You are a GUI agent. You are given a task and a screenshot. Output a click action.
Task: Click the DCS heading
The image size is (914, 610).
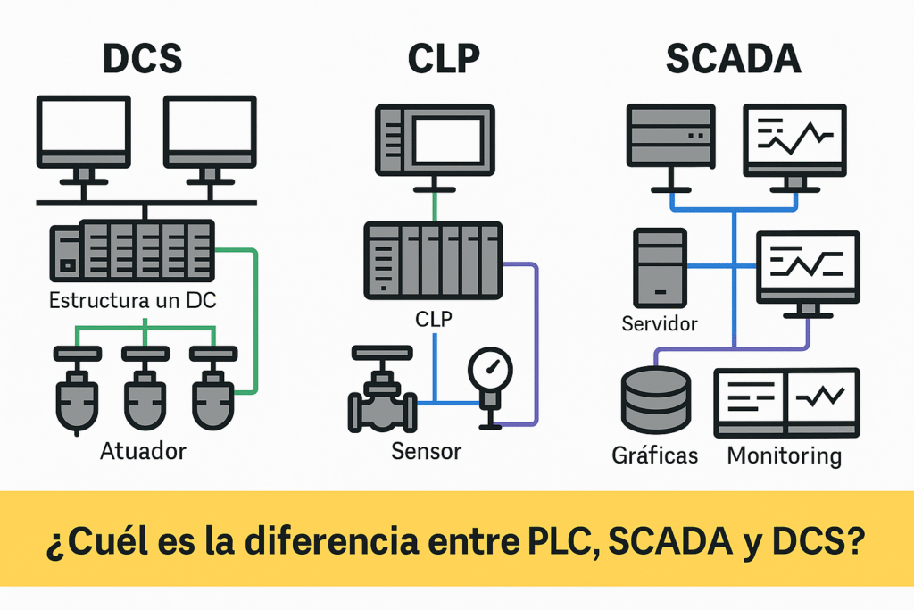(x=143, y=58)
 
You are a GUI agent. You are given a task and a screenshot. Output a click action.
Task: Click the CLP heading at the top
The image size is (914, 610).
(x=444, y=58)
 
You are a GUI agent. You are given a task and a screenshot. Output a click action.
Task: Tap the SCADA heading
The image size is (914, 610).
(x=733, y=58)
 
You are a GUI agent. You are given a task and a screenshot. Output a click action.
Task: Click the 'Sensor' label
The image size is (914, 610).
(x=427, y=450)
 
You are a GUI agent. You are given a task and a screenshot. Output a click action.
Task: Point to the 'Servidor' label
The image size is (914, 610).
(x=660, y=323)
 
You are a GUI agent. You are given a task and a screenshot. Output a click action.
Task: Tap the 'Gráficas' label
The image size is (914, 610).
(x=655, y=455)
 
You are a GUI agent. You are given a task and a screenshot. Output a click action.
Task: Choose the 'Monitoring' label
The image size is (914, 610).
(x=785, y=455)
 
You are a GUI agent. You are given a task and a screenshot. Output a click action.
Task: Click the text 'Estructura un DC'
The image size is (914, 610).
(x=133, y=300)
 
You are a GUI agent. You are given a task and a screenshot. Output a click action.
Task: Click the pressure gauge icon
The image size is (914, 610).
(x=490, y=369)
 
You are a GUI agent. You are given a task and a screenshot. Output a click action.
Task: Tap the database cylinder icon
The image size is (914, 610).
(x=655, y=400)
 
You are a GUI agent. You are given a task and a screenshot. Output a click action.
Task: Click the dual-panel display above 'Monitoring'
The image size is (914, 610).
(x=786, y=402)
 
